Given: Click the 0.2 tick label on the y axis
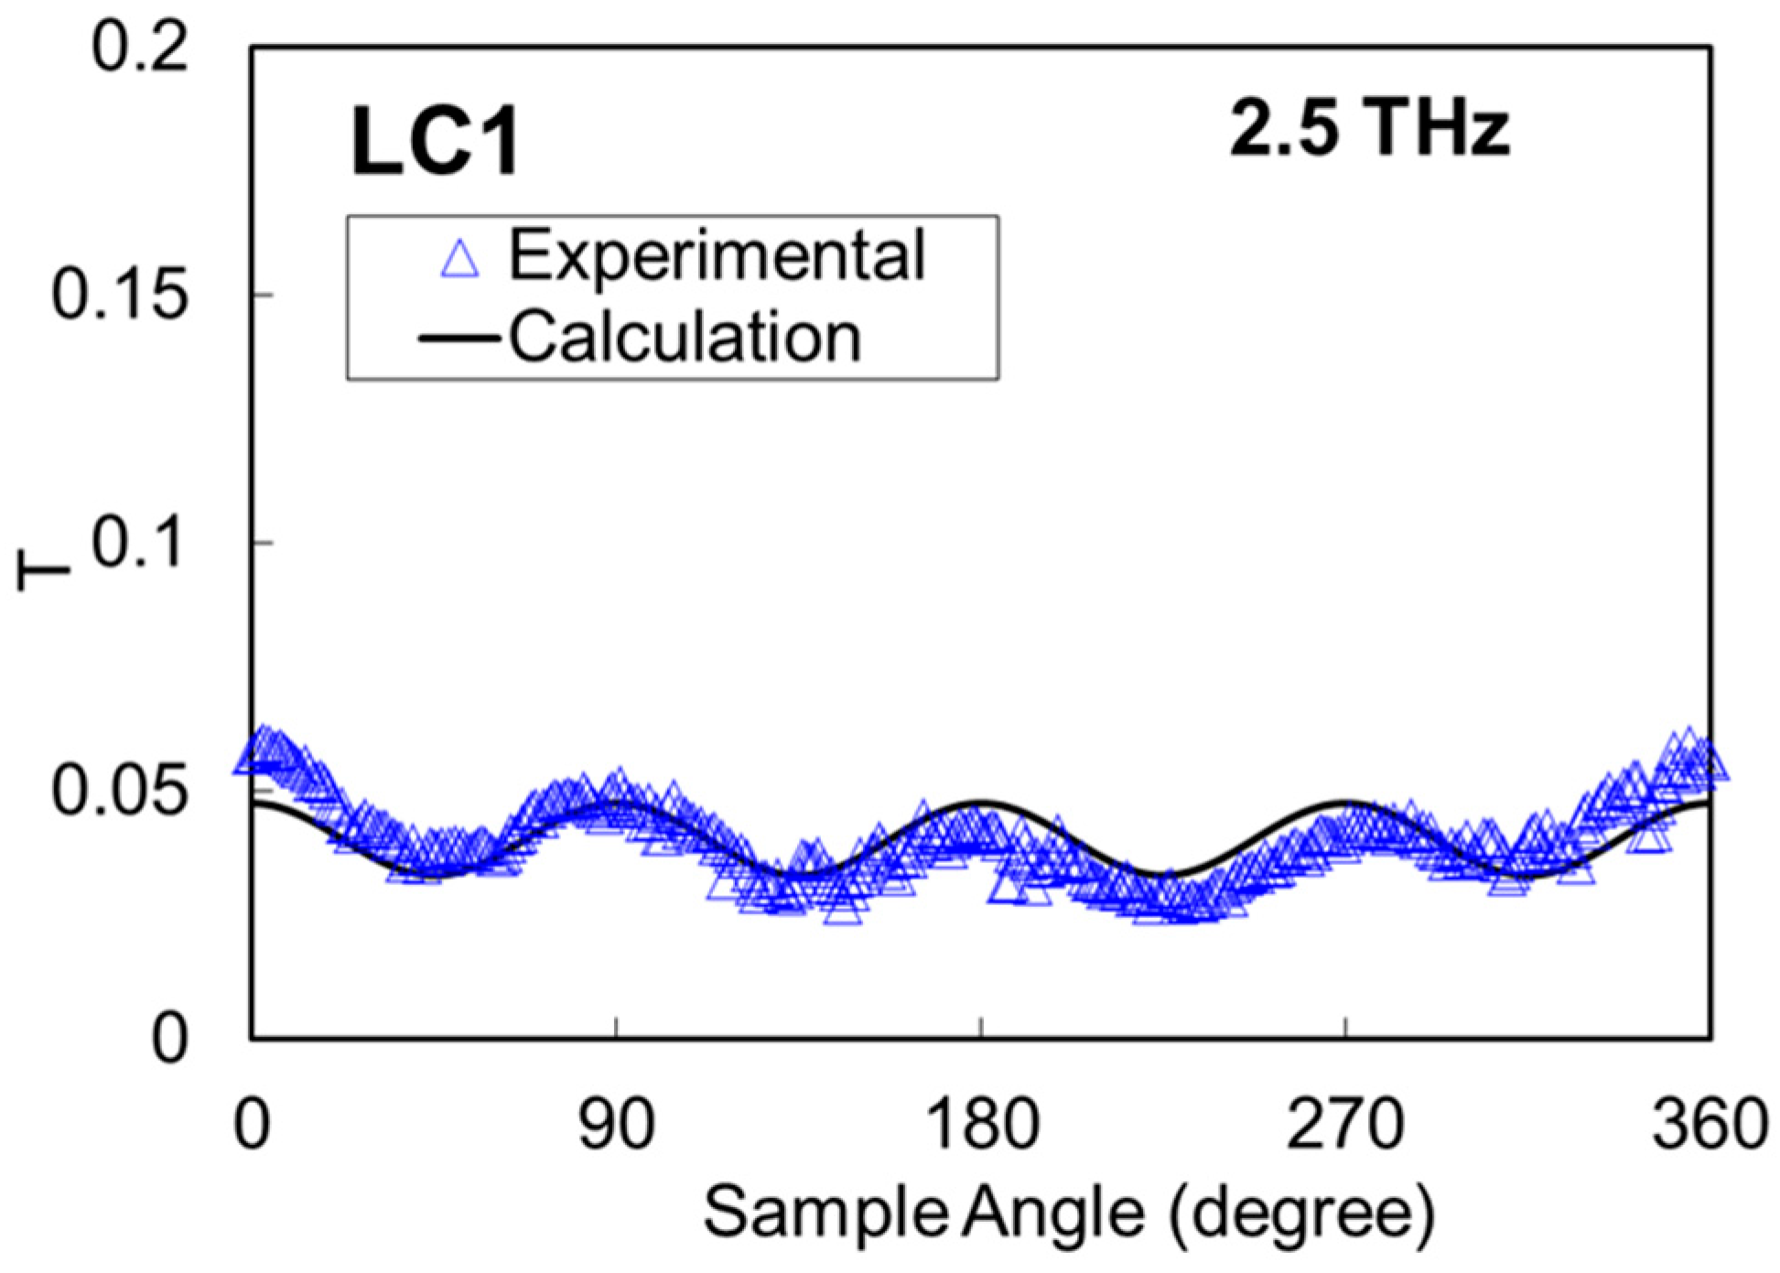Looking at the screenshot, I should pyautogui.click(x=140, y=48).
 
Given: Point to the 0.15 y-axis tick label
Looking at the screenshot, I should pyautogui.click(x=120, y=296).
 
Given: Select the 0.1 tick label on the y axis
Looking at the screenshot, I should pyautogui.click(x=140, y=543).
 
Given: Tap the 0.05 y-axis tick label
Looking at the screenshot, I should pyautogui.click(x=120, y=792).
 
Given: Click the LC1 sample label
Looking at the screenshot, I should pyautogui.click(x=436, y=142).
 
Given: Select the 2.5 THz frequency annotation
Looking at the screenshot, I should pyautogui.click(x=1369, y=129).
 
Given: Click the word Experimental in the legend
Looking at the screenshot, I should pyautogui.click(x=717, y=255).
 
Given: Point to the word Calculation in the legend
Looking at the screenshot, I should pyautogui.click(x=685, y=338).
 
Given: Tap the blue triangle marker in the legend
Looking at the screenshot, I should pyautogui.click(x=459, y=258).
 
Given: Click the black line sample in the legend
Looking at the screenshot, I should pyautogui.click(x=458, y=340).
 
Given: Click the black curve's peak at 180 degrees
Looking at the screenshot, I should pyautogui.click(x=982, y=802).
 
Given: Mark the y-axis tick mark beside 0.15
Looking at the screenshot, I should pyautogui.click(x=263, y=295).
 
